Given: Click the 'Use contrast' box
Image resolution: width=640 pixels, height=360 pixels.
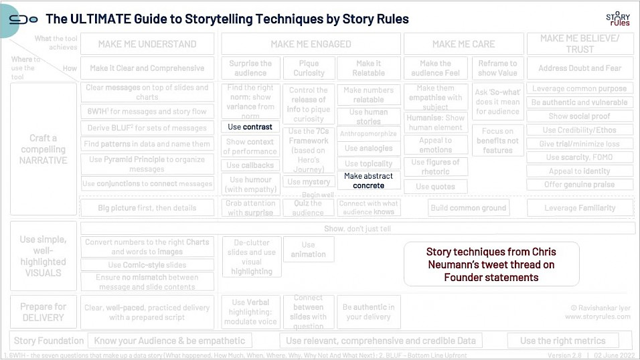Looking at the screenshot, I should [250, 126].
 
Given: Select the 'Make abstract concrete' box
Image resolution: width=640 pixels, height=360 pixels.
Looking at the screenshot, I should [368, 181].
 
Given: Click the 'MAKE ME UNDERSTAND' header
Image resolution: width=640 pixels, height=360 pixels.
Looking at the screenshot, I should [147, 44].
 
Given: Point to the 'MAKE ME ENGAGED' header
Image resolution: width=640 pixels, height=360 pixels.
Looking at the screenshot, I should [311, 44].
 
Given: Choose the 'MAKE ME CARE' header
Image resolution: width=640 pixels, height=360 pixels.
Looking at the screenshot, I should [463, 44].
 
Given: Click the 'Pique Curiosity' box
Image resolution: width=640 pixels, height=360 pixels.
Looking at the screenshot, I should [309, 68].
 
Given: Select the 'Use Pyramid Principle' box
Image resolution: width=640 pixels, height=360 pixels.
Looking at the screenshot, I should [147, 164].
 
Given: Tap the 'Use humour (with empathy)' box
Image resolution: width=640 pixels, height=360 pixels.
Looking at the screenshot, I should [251, 185].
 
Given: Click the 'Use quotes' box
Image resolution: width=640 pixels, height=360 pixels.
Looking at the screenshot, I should [435, 187].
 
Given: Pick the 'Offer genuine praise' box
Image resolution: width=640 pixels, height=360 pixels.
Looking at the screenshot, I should [580, 185].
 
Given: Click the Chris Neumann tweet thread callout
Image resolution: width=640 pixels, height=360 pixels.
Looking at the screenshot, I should [491, 264].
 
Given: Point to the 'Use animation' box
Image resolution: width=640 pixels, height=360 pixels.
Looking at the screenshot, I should [308, 250].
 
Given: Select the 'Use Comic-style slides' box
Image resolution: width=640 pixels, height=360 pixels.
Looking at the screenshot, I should [147, 265].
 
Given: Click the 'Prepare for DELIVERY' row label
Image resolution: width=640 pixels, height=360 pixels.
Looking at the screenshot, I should [43, 312].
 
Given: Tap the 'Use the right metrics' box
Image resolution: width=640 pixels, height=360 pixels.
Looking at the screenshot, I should [562, 341].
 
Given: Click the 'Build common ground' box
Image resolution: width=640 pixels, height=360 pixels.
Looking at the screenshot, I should [468, 208].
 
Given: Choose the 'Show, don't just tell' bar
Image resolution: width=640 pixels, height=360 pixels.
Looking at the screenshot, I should [357, 228].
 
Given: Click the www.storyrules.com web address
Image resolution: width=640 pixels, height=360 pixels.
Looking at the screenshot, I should [597, 317].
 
